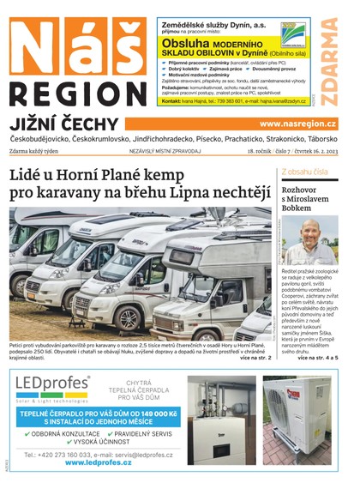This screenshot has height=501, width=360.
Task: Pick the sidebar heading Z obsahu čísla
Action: coord(304,172)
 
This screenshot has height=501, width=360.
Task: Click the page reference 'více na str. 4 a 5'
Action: coord(318,356)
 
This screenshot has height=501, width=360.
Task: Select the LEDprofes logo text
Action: coord(51,383)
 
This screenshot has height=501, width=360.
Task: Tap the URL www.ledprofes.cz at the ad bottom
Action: coord(98,462)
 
